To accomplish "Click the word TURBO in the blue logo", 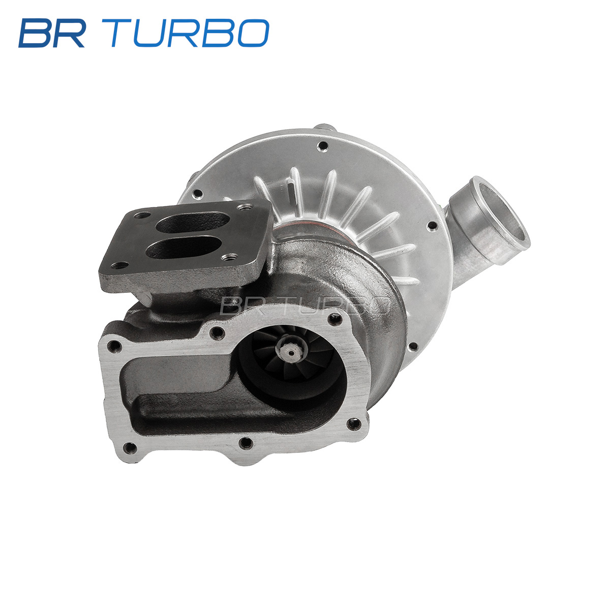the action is click(189, 33).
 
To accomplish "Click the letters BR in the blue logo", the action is click(52, 33).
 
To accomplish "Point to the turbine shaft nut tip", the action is click(289, 351).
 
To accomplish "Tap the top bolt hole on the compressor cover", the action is click(323, 146).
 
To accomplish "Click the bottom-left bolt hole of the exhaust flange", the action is click(130, 447).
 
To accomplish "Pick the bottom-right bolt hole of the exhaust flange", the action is click(354, 424).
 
